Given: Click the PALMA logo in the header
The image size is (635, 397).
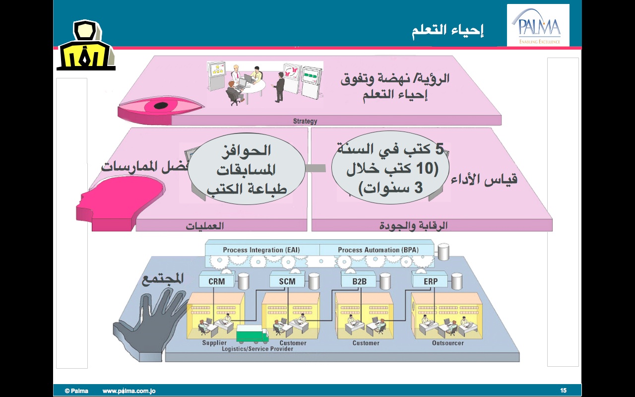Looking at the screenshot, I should tap(538, 26).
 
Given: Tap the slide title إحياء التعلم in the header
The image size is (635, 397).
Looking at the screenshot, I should tap(447, 30).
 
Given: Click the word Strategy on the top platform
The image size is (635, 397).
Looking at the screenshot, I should tap(305, 121).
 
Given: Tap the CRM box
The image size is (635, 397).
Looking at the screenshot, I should tap(217, 281).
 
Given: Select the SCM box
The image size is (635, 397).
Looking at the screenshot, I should tap(287, 281).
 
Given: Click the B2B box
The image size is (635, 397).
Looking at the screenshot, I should tap(360, 281).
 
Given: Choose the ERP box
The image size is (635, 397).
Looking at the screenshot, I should tap(431, 281).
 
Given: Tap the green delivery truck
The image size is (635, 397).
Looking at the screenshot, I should tap(252, 334).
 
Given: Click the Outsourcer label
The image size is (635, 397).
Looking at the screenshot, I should tap(447, 343).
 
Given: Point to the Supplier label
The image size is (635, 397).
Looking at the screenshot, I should tap(214, 343).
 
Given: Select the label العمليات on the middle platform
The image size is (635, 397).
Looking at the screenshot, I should tap(205, 226).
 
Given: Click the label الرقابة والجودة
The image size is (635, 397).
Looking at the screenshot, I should tap(422, 226).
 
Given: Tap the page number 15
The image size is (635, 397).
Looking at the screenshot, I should tap(563, 391).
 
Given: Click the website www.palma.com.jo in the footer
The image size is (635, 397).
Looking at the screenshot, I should tap(129, 391).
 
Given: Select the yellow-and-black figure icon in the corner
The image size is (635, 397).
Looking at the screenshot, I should tap(86, 46).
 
